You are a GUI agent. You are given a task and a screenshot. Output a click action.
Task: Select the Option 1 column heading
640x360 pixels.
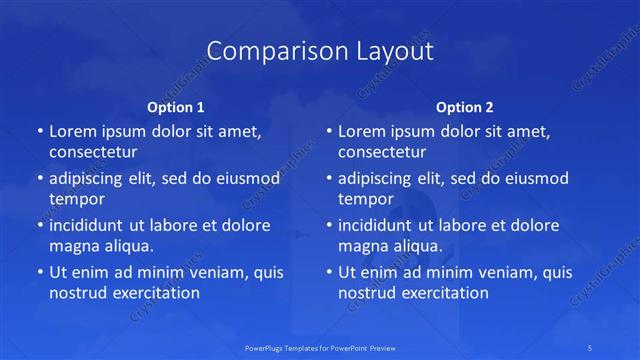(x=176, y=106)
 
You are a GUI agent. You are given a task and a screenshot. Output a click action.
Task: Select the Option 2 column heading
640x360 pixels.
(x=465, y=106)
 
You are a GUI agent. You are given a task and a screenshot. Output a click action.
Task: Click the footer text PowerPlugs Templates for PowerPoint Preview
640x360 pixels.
(x=320, y=348)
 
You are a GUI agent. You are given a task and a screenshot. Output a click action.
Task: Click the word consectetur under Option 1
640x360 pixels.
(x=93, y=152)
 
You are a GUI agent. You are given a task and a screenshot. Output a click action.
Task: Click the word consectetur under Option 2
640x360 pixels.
(x=382, y=152)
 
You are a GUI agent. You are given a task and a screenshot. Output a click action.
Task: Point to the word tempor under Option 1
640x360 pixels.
(x=73, y=198)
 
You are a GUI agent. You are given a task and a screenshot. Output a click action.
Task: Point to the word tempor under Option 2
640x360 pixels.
(x=362, y=198)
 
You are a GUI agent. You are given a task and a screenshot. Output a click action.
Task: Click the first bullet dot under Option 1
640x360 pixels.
(x=39, y=132)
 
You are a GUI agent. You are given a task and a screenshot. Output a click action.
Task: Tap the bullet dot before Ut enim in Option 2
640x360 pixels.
(x=328, y=272)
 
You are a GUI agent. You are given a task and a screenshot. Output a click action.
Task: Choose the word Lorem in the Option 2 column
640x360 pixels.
(x=361, y=132)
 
